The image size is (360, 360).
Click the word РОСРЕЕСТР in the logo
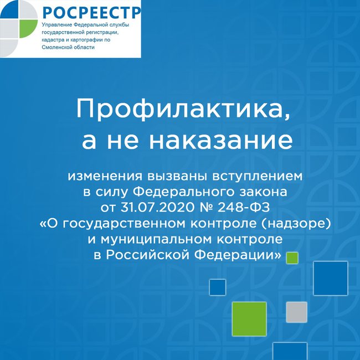92,13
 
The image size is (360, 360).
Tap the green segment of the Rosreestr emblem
28,28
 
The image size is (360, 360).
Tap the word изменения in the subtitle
105,176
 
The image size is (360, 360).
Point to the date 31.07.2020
158,207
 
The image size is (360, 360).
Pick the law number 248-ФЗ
244,207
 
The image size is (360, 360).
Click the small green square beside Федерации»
292,258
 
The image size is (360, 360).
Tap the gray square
296,312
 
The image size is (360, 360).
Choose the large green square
249,319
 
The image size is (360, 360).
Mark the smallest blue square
218,287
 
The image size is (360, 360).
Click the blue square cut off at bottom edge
290,351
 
